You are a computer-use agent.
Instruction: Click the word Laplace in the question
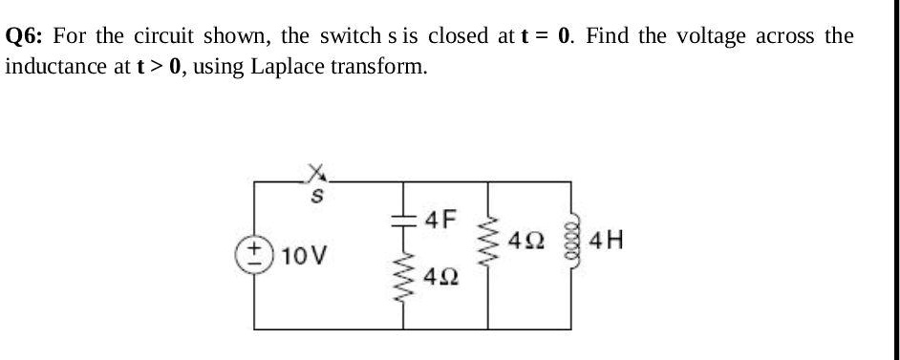(284, 68)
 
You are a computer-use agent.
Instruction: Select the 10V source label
(308, 256)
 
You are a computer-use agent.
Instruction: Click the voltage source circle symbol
(255, 256)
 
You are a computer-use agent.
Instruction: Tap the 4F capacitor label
(440, 220)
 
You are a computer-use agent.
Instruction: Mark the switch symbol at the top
(314, 173)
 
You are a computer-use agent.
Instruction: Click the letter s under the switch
(314, 197)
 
